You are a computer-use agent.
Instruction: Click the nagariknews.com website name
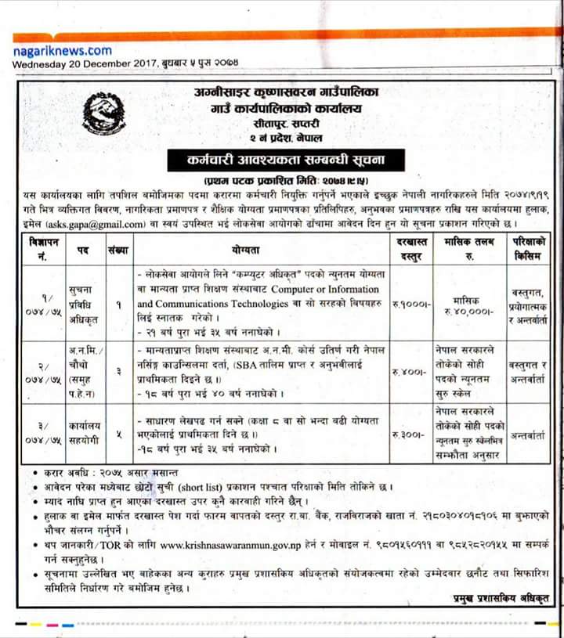click(63, 50)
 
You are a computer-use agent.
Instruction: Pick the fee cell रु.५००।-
click(410, 371)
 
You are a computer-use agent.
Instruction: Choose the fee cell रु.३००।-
click(410, 433)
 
